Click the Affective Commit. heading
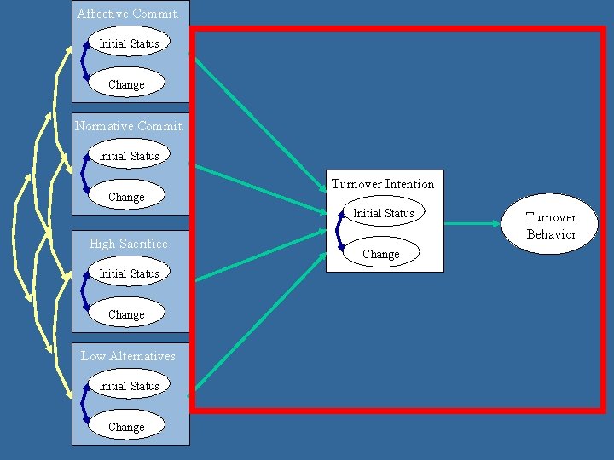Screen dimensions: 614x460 pyautogui.click(x=128, y=14)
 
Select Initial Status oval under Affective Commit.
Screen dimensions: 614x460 pyautogui.click(x=129, y=43)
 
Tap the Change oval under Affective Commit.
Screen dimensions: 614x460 pyautogui.click(x=126, y=84)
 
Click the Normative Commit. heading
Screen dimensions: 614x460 pyautogui.click(x=129, y=126)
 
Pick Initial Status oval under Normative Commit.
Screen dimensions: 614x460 pyautogui.click(x=129, y=156)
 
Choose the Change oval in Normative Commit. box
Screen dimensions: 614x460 pyautogui.click(x=126, y=197)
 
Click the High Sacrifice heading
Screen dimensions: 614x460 pyautogui.click(x=129, y=244)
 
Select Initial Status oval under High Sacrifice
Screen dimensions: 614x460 pyautogui.click(x=129, y=273)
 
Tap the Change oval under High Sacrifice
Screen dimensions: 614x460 pyautogui.click(x=126, y=314)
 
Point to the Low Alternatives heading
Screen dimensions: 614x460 pyautogui.click(x=128, y=356)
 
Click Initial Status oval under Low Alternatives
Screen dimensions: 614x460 pyautogui.click(x=129, y=386)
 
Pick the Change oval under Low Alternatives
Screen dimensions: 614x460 pyautogui.click(x=126, y=427)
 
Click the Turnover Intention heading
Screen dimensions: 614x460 pyautogui.click(x=383, y=184)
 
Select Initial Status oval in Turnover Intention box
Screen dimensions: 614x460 pyautogui.click(x=384, y=213)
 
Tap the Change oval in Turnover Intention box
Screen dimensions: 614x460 pyautogui.click(x=380, y=254)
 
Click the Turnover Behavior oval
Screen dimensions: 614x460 pyautogui.click(x=551, y=226)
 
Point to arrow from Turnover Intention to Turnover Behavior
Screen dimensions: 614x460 pyautogui.click(x=473, y=224)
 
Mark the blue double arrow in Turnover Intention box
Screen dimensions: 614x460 pyautogui.click(x=339, y=232)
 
